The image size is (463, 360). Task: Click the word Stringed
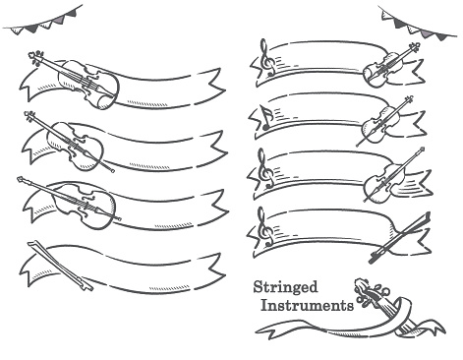tap(285, 287)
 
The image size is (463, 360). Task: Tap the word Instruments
tap(307, 306)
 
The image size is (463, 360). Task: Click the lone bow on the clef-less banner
tap(59, 265)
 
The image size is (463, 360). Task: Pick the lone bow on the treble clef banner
tap(400, 237)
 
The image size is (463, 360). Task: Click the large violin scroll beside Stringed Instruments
tap(370, 293)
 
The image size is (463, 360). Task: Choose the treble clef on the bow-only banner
tap(265, 227)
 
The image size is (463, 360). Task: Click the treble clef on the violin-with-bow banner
tap(264, 168)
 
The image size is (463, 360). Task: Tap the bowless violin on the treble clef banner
tap(390, 65)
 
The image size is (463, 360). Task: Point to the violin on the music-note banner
tap(383, 122)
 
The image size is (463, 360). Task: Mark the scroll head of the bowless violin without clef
tap(35, 58)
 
